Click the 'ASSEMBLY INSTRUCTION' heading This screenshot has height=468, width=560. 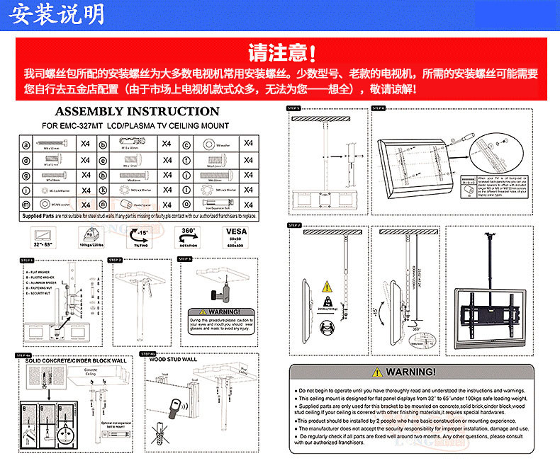pyautogui.click(x=137, y=111)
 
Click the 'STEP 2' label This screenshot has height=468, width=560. pyautogui.click(x=114, y=260)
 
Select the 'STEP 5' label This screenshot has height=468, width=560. pyautogui.click(x=294, y=108)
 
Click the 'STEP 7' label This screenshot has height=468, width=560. pyautogui.click(x=294, y=225)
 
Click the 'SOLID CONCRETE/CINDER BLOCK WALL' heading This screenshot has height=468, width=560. pyautogui.click(x=76, y=360)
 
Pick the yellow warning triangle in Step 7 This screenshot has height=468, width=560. pyautogui.click(x=327, y=287)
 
